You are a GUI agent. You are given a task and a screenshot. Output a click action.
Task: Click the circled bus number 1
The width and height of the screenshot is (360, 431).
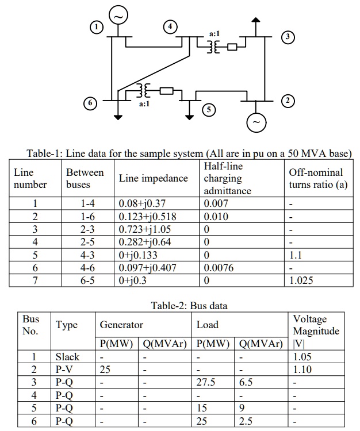pyautogui.click(x=98, y=26)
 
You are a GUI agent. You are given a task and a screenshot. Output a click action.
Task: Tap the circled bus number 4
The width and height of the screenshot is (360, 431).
pyautogui.click(x=170, y=26)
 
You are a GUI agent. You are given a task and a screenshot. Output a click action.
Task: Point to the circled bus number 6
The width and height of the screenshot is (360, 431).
pyautogui.click(x=89, y=103)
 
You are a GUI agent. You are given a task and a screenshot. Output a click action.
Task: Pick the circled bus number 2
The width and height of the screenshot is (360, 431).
pyautogui.click(x=288, y=101)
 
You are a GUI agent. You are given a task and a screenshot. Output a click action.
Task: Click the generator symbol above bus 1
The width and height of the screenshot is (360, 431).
pyautogui.click(x=118, y=16)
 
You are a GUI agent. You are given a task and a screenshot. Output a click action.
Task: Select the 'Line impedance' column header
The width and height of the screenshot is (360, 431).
pyautogui.click(x=153, y=178)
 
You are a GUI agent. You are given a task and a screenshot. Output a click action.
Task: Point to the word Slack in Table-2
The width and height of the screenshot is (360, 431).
pyautogui.click(x=67, y=357)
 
